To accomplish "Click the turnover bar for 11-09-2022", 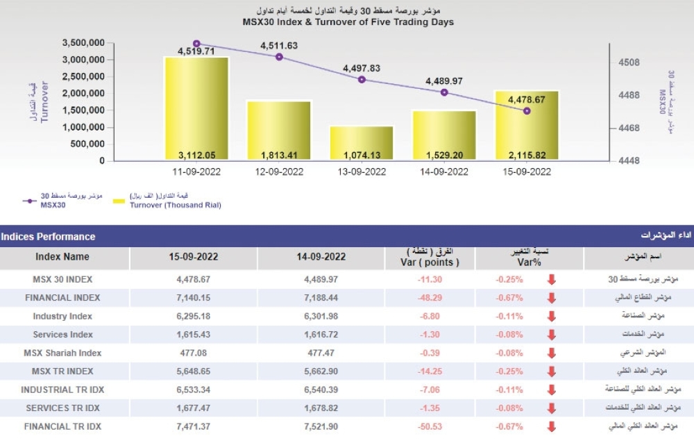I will coord(196,108).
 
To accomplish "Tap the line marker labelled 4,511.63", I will coord(279,57).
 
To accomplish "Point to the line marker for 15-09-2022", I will coord(527,110).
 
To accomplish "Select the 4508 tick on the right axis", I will coord(629,62).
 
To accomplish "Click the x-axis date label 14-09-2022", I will coord(444,172).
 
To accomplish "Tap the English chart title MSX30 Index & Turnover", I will coord(348,22).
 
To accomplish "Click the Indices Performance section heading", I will coord(49,237).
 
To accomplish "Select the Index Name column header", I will coord(62,257).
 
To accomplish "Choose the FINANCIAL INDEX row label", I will coord(62,298).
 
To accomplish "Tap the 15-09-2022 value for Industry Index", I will coord(193,316).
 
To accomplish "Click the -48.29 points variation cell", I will coord(430,298).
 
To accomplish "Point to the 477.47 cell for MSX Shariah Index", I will coord(321,353).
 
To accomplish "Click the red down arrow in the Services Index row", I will coord(552,335).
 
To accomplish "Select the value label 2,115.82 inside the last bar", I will coord(527,154).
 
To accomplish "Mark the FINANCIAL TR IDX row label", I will coord(62,426).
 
